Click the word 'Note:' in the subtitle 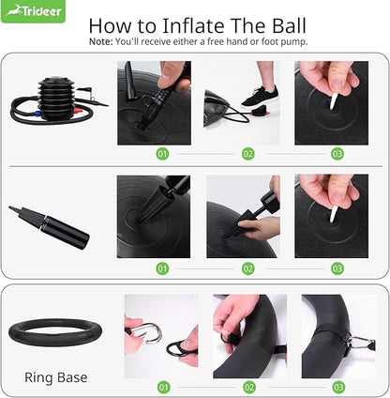pyautogui.click(x=101, y=42)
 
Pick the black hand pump pyautogui.click(x=51, y=226)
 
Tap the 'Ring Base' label pyautogui.click(x=56, y=377)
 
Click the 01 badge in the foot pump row pyautogui.click(x=162, y=153)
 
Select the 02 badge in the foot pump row pyautogui.click(x=247, y=153)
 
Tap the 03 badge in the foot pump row pyautogui.click(x=337, y=153)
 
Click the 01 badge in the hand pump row pyautogui.click(x=162, y=268)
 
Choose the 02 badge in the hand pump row pyautogui.click(x=247, y=268)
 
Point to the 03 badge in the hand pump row pyautogui.click(x=337, y=268)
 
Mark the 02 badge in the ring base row pyautogui.click(x=247, y=386)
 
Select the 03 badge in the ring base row pyautogui.click(x=337, y=386)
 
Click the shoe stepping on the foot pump pyautogui.click(x=257, y=96)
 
